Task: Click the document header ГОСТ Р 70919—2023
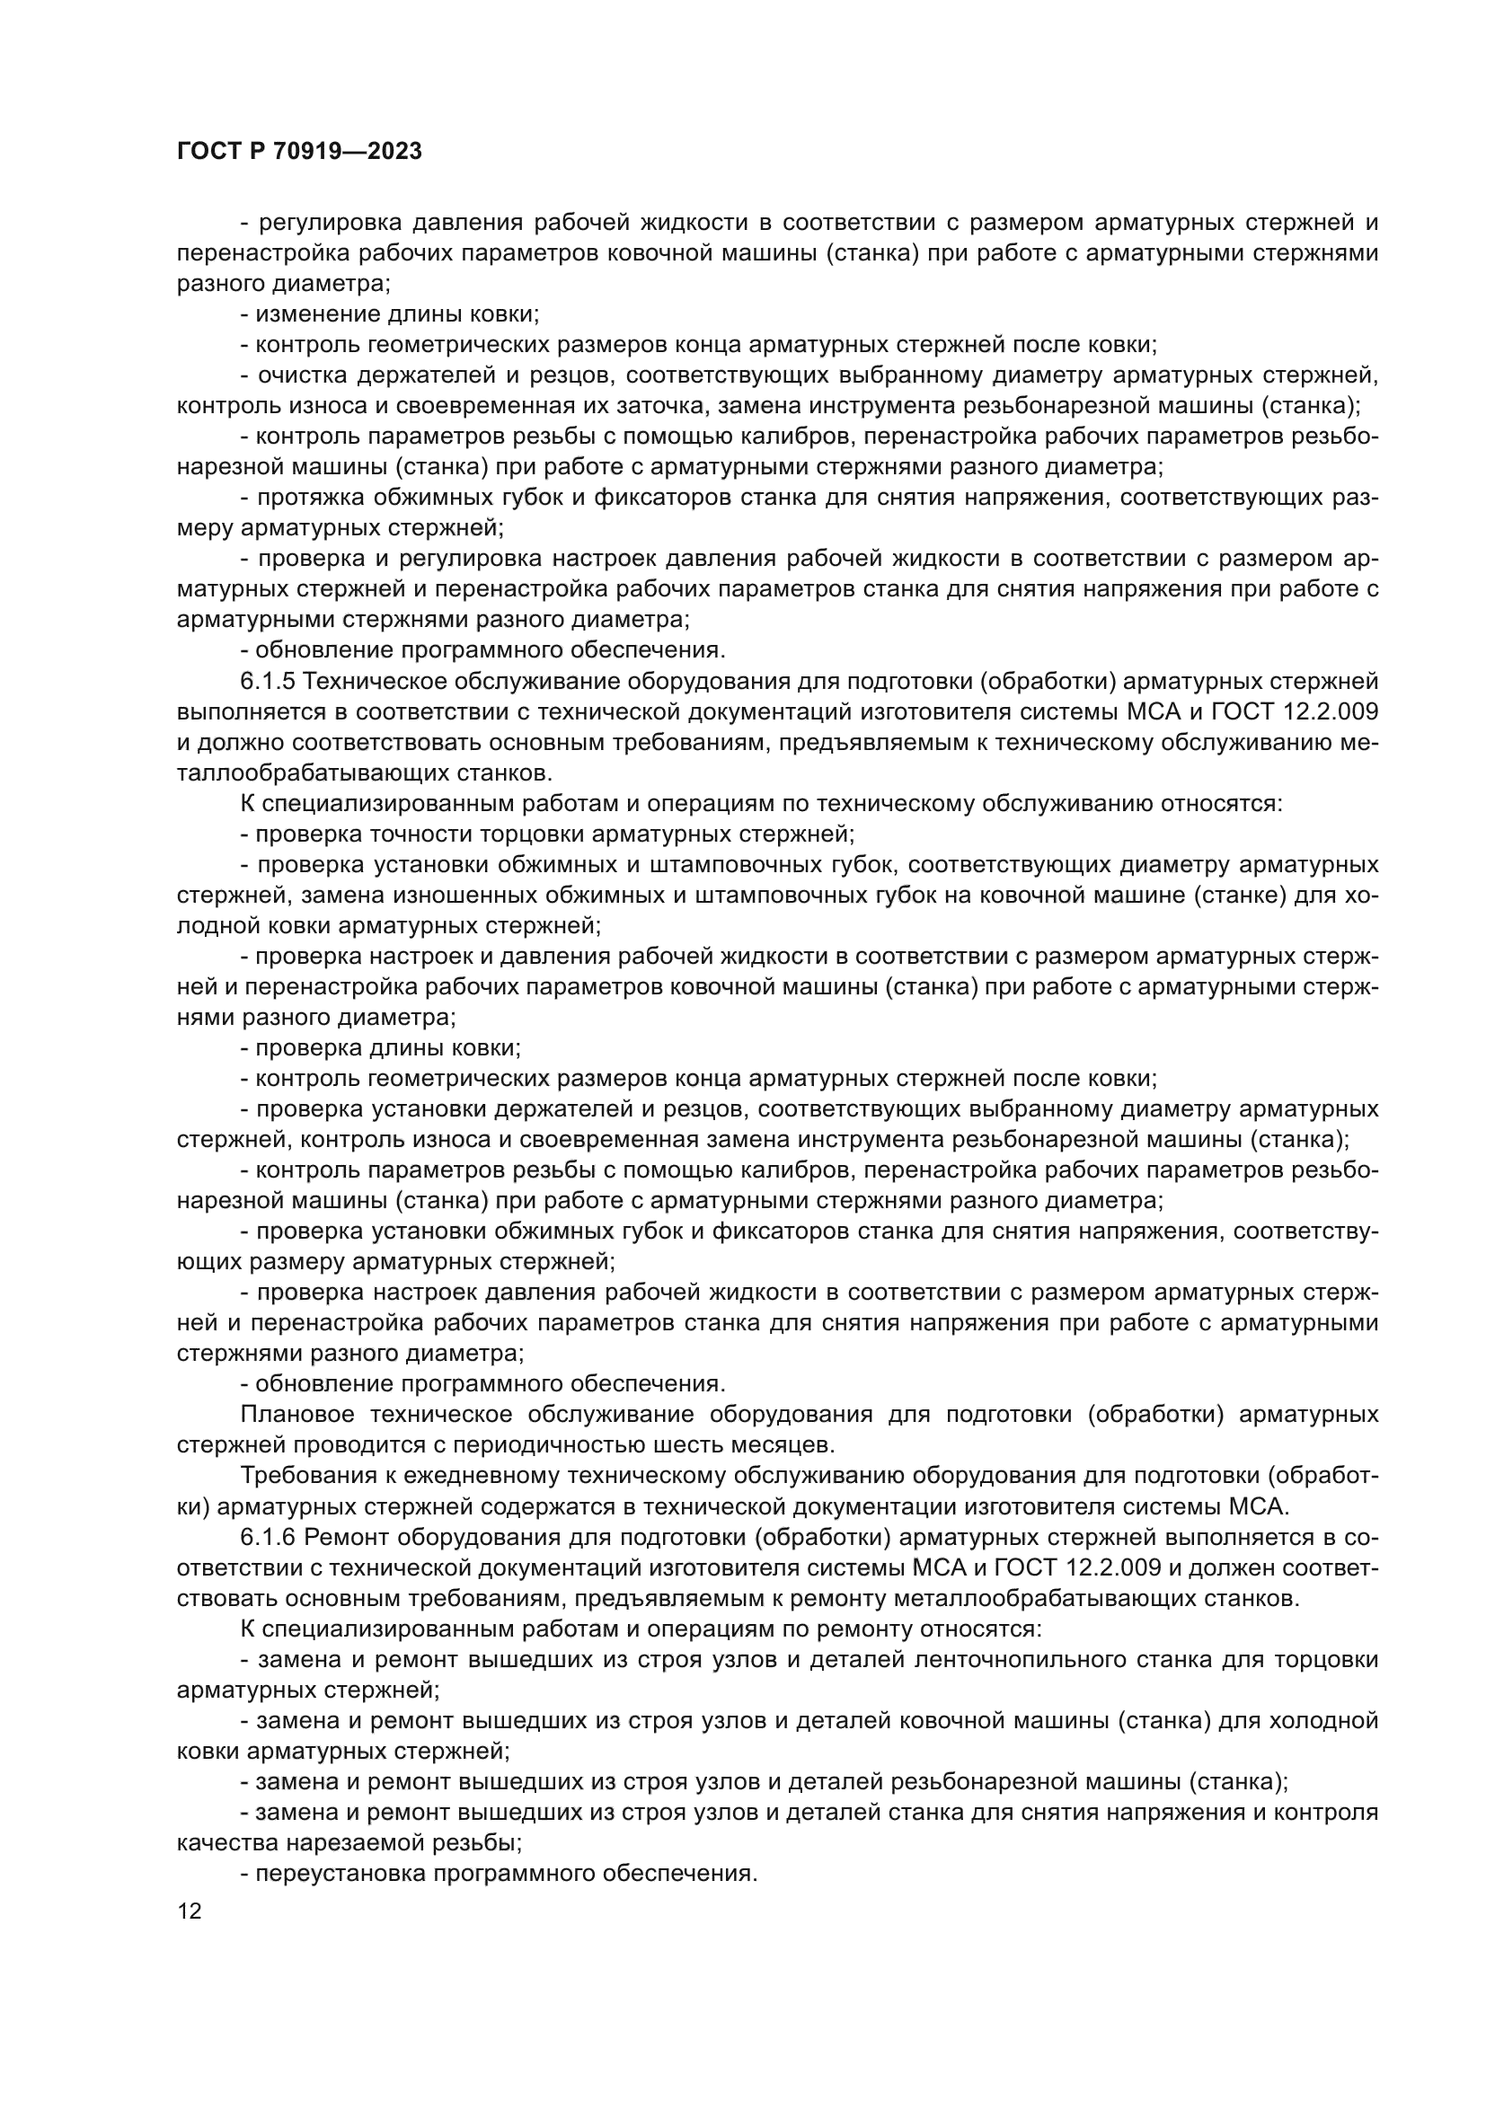(299, 152)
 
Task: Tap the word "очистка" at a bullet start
(297, 375)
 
